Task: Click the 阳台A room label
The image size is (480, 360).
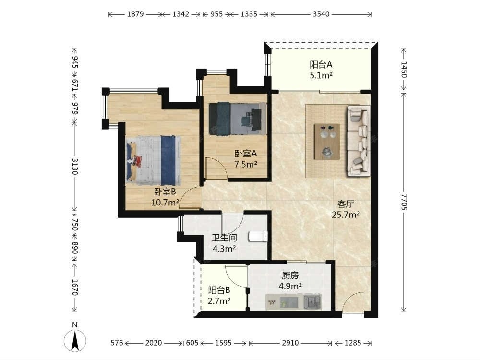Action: click(321, 65)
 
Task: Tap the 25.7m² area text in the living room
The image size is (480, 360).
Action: click(346, 215)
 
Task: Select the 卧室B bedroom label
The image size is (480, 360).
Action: click(165, 192)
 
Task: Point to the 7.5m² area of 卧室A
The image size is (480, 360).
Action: click(245, 164)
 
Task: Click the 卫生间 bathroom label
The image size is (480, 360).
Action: click(224, 238)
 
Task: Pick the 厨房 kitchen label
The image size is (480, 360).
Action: click(290, 276)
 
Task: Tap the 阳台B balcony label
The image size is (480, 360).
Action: click(219, 290)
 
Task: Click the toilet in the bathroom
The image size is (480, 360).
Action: click(258, 237)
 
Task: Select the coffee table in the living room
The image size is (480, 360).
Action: click(327, 142)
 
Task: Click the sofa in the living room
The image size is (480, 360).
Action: click(358, 141)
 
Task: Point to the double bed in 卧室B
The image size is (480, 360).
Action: click(153, 160)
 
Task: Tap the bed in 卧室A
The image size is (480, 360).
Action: click(237, 119)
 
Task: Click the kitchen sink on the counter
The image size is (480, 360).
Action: click(312, 301)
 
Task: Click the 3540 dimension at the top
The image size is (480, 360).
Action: click(321, 14)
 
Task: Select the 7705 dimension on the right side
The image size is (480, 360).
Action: click(404, 202)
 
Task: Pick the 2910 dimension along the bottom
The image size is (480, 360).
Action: click(290, 343)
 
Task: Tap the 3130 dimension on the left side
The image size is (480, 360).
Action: click(74, 166)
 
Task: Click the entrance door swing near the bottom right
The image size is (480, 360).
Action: click(353, 302)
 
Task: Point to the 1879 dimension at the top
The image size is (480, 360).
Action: click(135, 14)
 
